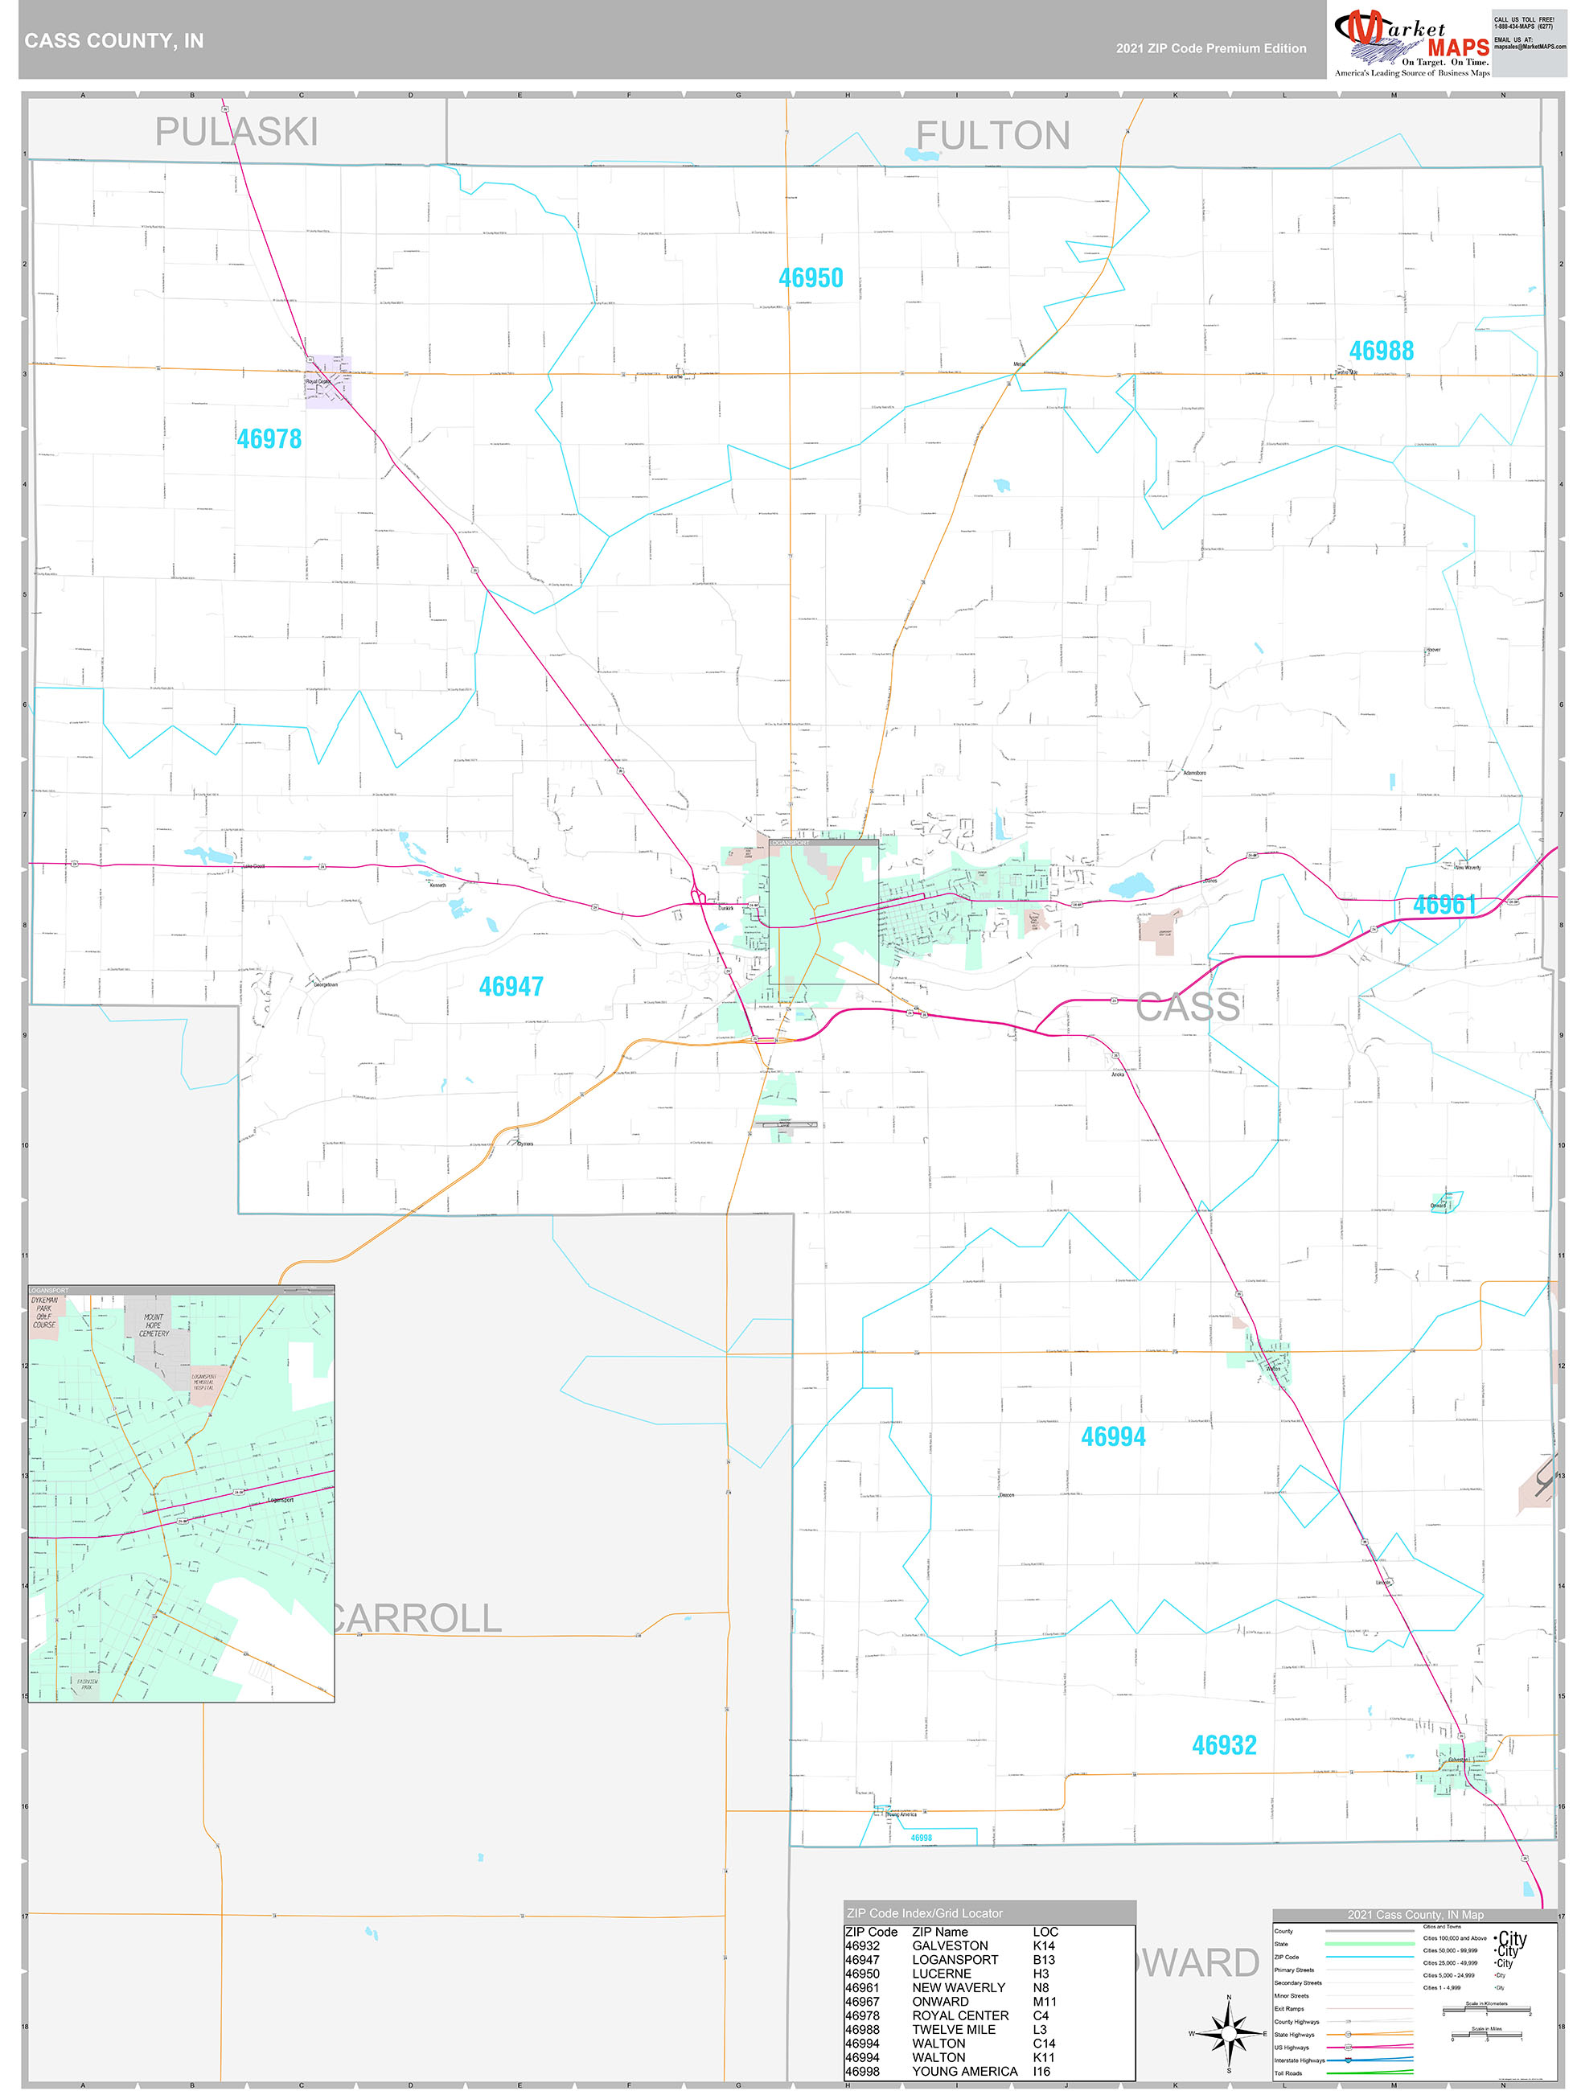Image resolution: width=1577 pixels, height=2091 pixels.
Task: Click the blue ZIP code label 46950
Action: (811, 278)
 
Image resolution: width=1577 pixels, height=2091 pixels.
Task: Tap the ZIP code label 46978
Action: (269, 438)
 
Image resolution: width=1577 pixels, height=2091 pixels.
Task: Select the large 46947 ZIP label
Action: (511, 987)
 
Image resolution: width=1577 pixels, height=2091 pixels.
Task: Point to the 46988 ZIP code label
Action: (1380, 351)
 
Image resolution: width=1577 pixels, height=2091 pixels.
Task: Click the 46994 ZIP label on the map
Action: (1113, 1437)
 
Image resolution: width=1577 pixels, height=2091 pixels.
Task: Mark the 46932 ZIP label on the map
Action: (1223, 1745)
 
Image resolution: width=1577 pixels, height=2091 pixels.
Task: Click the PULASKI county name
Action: (236, 133)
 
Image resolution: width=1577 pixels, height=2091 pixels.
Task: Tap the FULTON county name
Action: (992, 136)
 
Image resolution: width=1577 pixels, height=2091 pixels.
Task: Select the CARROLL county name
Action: (416, 1618)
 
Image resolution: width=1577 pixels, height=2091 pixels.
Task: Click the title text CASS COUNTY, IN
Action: (113, 41)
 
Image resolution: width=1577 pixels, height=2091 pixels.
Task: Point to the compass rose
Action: (1228, 2030)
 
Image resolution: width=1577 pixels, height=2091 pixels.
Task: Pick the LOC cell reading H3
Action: (1041, 1974)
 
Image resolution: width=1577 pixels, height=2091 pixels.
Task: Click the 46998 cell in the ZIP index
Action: (861, 2071)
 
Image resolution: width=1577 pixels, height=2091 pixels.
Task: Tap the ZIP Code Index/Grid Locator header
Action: (925, 1913)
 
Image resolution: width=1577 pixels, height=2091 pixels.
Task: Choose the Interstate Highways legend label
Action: (1299, 2060)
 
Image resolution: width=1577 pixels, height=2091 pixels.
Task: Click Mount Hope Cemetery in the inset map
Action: (153, 1325)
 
